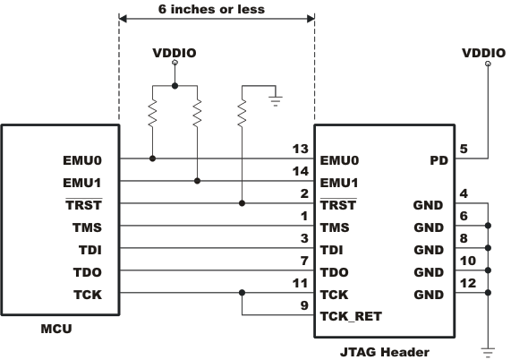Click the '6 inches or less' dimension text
click(217, 12)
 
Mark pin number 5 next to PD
click(464, 149)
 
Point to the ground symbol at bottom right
click(489, 350)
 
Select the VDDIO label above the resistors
click(175, 53)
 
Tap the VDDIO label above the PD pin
click(484, 53)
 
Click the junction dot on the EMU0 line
click(153, 159)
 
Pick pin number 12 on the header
click(468, 282)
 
